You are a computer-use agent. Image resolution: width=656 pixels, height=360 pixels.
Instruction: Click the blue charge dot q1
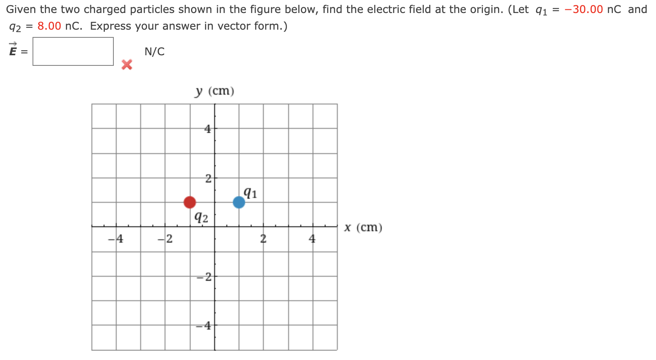(239, 202)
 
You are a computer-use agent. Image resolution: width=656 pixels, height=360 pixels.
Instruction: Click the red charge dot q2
(190, 202)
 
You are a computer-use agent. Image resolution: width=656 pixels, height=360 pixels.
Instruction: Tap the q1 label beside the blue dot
(250, 193)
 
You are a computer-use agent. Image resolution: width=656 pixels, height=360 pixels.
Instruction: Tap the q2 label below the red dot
(201, 217)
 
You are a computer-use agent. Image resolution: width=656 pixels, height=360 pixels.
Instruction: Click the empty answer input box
(73, 52)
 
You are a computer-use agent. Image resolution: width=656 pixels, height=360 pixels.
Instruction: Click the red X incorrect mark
(127, 65)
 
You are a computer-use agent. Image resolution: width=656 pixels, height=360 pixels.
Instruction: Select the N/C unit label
(154, 52)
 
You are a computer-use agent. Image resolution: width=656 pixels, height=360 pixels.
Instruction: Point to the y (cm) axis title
(215, 91)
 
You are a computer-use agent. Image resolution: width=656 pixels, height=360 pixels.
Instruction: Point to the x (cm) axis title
(363, 228)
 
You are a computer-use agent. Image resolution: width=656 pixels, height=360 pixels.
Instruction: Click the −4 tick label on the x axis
(116, 239)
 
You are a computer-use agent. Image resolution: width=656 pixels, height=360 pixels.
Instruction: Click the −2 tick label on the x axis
(165, 239)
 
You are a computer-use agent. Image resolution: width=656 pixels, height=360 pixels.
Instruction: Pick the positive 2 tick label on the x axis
(263, 239)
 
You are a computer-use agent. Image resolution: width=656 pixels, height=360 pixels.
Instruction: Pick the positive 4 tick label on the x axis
(312, 239)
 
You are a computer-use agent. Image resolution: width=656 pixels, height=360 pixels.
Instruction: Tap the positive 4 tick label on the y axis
(208, 129)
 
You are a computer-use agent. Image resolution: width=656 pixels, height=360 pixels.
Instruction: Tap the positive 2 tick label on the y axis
(208, 178)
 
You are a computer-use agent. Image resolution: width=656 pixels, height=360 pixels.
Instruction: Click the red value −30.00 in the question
(584, 9)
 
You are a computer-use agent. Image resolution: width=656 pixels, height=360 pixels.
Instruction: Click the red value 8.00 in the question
(49, 26)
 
